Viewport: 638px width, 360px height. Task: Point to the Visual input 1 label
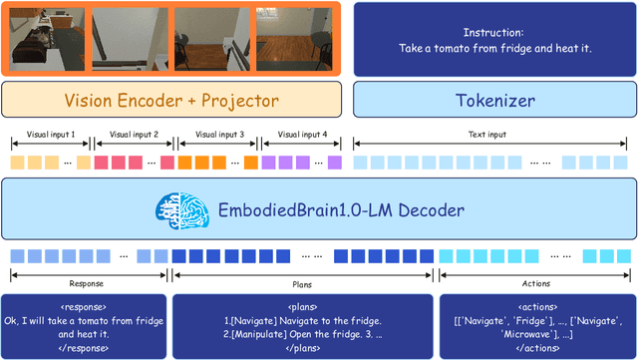coord(48,134)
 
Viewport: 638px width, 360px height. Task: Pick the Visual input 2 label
coord(133,134)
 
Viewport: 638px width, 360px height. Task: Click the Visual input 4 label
coord(301,134)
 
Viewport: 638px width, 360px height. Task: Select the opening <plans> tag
coord(303,306)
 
